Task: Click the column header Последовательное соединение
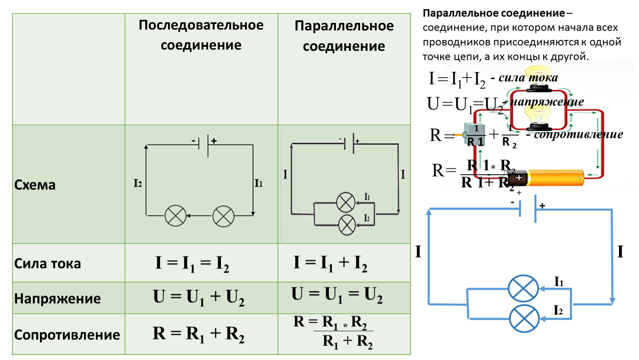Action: (201, 35)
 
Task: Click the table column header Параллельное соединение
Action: (344, 36)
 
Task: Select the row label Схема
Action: (35, 185)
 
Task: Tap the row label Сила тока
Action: (48, 264)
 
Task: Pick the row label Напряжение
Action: (58, 299)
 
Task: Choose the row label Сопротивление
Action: (67, 335)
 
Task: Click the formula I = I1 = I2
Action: (192, 264)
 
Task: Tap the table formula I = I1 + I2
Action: (330, 263)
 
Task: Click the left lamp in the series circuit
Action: (175, 216)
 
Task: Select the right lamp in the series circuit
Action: (223, 216)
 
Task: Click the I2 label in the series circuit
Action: (138, 183)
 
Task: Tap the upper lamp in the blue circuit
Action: (524, 288)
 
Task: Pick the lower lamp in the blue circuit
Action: (524, 318)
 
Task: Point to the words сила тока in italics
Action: (528, 78)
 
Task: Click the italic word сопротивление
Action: (579, 135)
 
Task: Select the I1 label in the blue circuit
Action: (559, 282)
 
